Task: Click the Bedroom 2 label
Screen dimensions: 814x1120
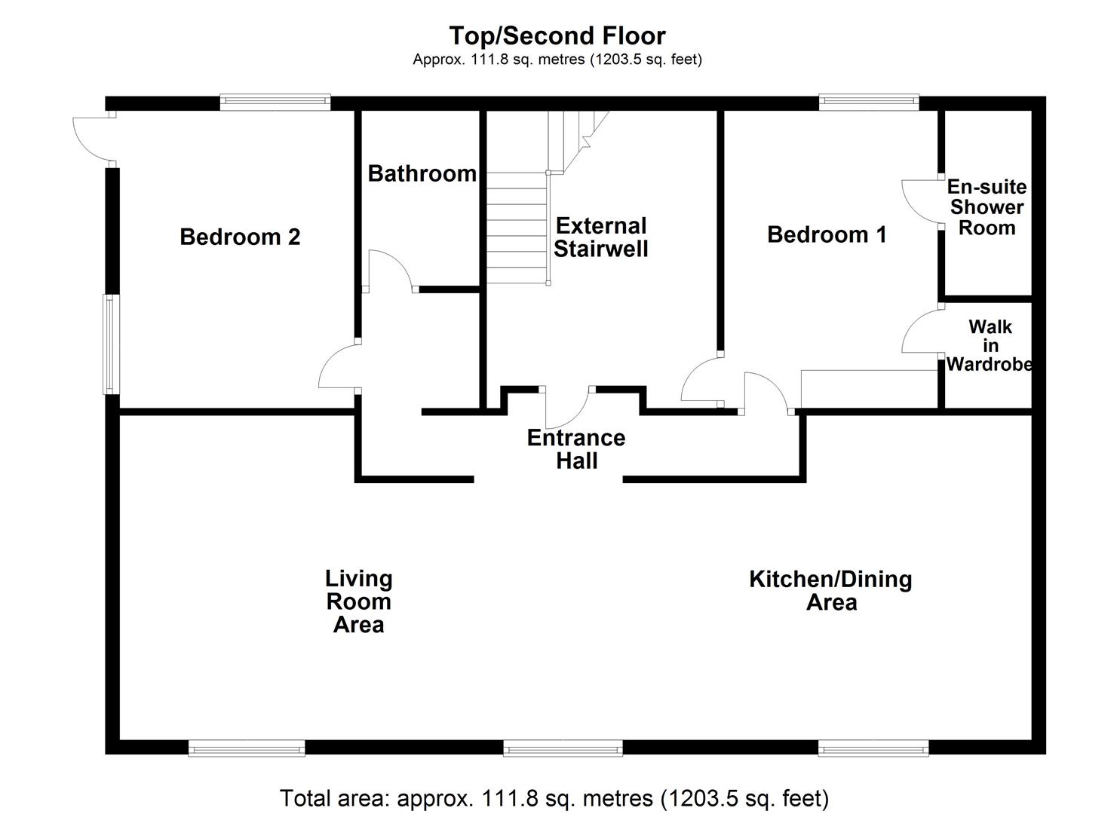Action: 240,237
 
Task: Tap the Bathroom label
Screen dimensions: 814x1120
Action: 422,173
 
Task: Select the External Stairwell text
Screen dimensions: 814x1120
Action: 600,237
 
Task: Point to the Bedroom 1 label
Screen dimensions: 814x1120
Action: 827,234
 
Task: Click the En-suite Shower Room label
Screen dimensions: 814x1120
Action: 987,207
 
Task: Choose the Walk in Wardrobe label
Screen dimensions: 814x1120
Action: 990,346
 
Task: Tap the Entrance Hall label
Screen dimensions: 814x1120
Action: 576,449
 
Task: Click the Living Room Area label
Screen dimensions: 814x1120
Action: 359,601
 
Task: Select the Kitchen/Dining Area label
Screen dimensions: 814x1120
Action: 830,590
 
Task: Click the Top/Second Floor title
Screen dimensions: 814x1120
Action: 557,35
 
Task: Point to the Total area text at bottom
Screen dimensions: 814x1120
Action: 554,797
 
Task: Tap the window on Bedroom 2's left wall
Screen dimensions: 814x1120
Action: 112,344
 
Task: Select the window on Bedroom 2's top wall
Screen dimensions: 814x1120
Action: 275,102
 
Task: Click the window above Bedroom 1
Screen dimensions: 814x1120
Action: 869,102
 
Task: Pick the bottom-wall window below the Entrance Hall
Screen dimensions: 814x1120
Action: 563,748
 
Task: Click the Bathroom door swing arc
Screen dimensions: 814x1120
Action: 388,270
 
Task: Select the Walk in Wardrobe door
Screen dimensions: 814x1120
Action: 922,332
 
